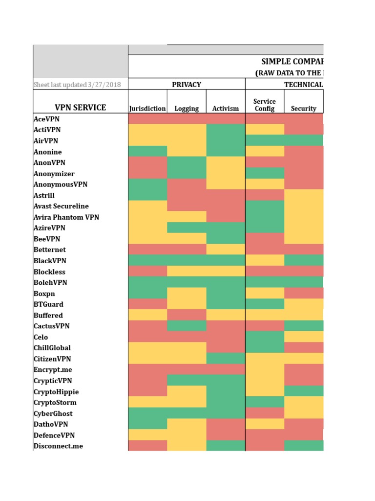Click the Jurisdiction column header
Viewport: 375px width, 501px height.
pyautogui.click(x=147, y=109)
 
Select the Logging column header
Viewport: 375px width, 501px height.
pyautogui.click(x=187, y=109)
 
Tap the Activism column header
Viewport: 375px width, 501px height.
pyautogui.click(x=226, y=109)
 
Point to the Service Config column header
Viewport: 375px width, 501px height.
pyautogui.click(x=265, y=105)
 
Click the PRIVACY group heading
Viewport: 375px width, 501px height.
pyautogui.click(x=187, y=84)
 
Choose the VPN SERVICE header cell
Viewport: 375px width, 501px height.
pyautogui.click(x=81, y=108)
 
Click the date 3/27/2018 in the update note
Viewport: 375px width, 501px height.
pyautogui.click(x=105, y=85)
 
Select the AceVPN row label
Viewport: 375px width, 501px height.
pyautogui.click(x=47, y=119)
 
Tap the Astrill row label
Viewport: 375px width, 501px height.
pyautogui.click(x=44, y=195)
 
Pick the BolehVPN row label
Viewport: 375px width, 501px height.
pyautogui.click(x=50, y=282)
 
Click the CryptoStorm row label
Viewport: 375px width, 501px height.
pyautogui.click(x=55, y=403)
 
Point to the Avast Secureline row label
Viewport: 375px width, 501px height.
pyautogui.click(x=61, y=206)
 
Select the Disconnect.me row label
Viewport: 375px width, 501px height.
pyautogui.click(x=58, y=446)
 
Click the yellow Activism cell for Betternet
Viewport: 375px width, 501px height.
pyautogui.click(x=226, y=250)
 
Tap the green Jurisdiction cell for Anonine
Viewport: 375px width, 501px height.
pyautogui.click(x=147, y=152)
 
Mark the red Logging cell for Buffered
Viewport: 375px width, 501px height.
pyautogui.click(x=187, y=315)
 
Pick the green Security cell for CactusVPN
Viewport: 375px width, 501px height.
pyautogui.click(x=303, y=326)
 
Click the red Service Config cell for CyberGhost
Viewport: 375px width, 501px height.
pyautogui.click(x=265, y=413)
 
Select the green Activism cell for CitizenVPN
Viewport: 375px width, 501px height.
pyautogui.click(x=226, y=359)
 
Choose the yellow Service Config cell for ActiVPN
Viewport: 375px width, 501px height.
pyautogui.click(x=265, y=130)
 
